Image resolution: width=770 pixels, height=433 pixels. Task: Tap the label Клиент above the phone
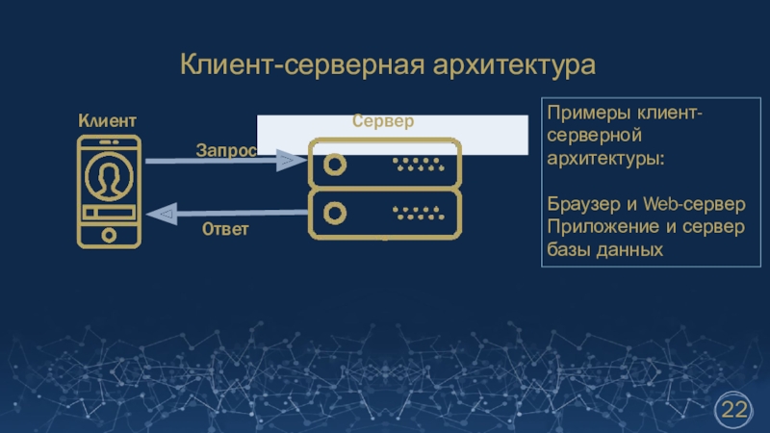tap(107, 121)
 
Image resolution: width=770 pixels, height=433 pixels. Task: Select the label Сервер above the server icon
tap(382, 121)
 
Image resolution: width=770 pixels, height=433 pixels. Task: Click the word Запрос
tap(226, 150)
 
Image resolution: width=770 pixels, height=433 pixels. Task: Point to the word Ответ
tap(225, 230)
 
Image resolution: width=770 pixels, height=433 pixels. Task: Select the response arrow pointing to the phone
tap(225, 213)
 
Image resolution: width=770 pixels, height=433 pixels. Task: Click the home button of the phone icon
tap(108, 233)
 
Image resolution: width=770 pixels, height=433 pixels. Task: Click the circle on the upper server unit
tap(334, 164)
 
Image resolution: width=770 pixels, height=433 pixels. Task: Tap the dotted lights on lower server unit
tap(417, 210)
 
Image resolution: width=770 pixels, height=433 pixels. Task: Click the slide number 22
tap(734, 411)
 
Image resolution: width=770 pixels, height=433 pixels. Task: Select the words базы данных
tap(604, 249)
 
